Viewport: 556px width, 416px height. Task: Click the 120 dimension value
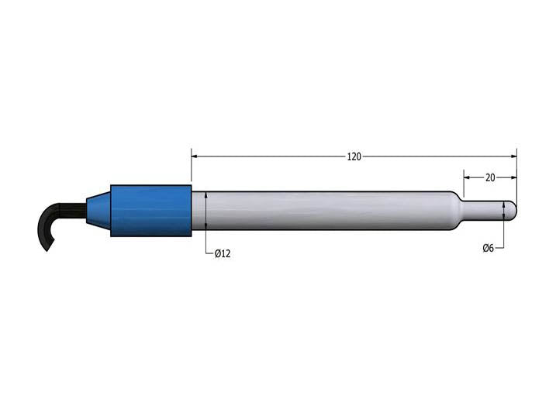pos(354,156)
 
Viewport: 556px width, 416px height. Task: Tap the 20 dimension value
pos(490,177)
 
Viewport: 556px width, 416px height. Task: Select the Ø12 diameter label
pos(223,253)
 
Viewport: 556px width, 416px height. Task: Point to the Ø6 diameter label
pos(489,248)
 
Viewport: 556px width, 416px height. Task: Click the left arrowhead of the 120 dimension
pos(196,156)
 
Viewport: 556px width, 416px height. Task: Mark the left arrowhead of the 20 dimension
pos(468,177)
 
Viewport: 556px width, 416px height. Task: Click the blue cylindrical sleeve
pos(151,211)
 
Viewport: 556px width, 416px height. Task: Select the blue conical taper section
pos(98,210)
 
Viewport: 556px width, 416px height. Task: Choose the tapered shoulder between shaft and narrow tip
pos(456,210)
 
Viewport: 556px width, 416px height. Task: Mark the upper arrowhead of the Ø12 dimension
pos(206,195)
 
